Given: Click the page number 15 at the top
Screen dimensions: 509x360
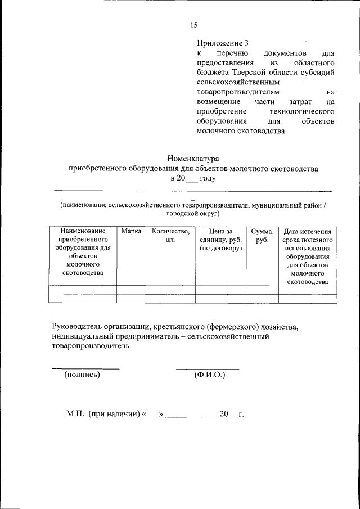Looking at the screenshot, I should coord(194,25).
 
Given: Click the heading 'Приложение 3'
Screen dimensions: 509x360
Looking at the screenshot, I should coord(222,43).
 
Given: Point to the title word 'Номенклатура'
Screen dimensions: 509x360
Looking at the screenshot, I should coord(193,159).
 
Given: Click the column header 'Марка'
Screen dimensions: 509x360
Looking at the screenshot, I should coord(131,231).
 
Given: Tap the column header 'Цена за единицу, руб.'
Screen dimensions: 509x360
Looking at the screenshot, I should coord(220,240).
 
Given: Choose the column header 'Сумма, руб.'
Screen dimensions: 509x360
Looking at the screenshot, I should coord(262,235).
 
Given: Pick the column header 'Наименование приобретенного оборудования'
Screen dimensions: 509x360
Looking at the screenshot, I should coord(83,252).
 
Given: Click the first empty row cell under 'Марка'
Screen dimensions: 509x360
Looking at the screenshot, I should coord(131,290).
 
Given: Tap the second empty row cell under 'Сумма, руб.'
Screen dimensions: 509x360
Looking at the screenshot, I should coord(262,298).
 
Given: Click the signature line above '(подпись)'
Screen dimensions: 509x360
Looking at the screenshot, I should coord(85,368).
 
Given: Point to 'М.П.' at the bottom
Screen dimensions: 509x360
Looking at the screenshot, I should coord(75,415).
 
